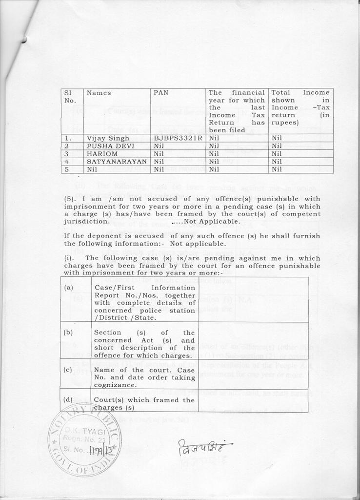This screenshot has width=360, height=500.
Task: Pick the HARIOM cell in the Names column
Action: (101, 153)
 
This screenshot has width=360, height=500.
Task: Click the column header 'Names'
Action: (99, 93)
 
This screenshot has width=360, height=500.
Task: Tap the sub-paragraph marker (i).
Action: (69, 258)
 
